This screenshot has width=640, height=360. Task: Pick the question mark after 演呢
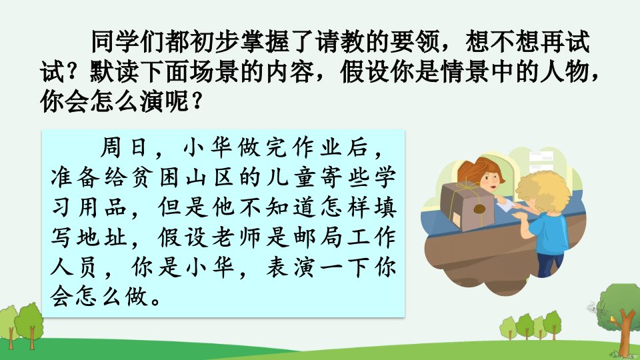point(197,101)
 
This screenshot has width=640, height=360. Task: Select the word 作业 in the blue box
point(317,147)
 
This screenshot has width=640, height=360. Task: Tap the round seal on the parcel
point(479,209)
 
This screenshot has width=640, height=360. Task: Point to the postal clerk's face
point(489,179)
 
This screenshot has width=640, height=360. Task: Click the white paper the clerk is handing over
point(506,203)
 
